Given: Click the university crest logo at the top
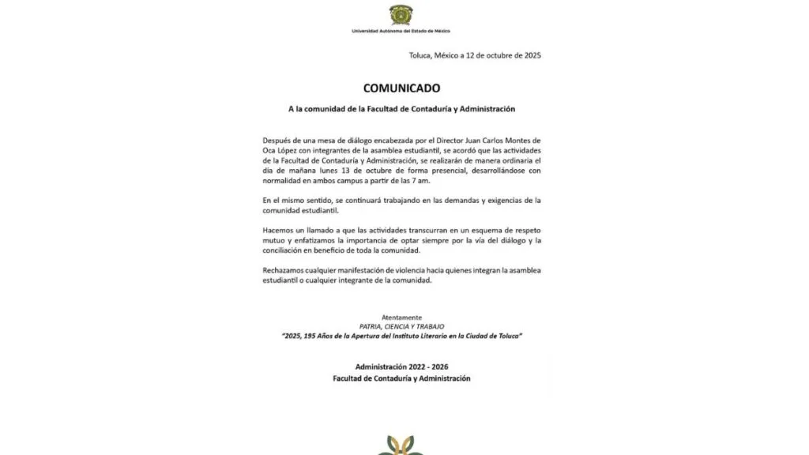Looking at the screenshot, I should [x=401, y=14].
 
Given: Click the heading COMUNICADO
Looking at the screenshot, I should [x=401, y=88].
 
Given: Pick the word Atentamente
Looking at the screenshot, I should [x=401, y=317].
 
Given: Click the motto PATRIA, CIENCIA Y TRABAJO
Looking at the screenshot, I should [x=401, y=326].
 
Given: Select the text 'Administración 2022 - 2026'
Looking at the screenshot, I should [x=401, y=367].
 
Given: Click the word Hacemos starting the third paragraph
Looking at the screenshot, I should [x=278, y=230].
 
